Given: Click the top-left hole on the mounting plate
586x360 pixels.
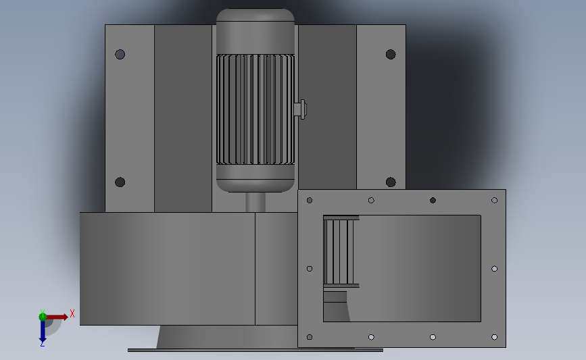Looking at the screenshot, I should pyautogui.click(x=120, y=54).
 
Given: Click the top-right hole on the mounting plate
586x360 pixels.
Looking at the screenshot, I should pyautogui.click(x=391, y=54).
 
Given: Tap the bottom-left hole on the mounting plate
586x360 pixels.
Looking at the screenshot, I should pyautogui.click(x=120, y=182).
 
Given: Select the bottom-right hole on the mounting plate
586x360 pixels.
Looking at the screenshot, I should pyautogui.click(x=391, y=182).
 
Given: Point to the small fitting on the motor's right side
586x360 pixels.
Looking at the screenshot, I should pyautogui.click(x=301, y=108).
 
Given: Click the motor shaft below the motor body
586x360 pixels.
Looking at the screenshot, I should pyautogui.click(x=255, y=202).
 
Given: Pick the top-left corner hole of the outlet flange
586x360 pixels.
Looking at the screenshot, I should pyautogui.click(x=310, y=200).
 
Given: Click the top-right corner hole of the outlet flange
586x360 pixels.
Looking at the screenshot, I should pyautogui.click(x=494, y=200).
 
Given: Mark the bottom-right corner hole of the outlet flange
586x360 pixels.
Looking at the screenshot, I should pyautogui.click(x=494, y=336).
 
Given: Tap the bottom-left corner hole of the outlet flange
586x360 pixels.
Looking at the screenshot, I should pyautogui.click(x=310, y=336).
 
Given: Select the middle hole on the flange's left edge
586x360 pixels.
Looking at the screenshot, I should pyautogui.click(x=310, y=268).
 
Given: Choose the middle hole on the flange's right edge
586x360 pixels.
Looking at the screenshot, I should pyautogui.click(x=494, y=268).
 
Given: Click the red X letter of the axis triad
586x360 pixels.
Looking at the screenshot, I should pyautogui.click(x=72, y=313).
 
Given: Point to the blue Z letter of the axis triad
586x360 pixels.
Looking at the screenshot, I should pyautogui.click(x=42, y=344).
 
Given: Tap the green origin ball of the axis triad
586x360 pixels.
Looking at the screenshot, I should pyautogui.click(x=43, y=316).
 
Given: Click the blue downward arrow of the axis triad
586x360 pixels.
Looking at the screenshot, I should pyautogui.click(x=43, y=331).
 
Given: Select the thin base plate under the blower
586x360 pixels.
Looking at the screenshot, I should pyautogui.click(x=255, y=350).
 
